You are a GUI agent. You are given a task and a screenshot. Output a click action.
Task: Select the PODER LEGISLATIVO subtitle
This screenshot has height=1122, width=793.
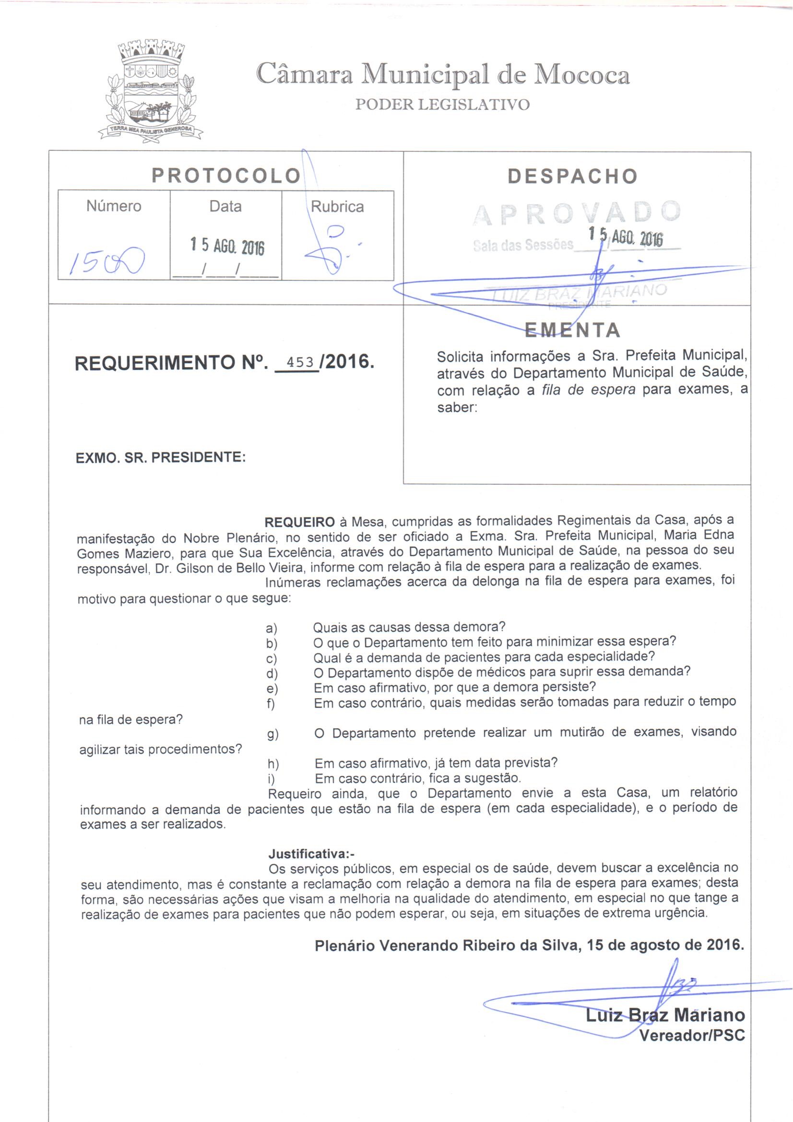coord(442,105)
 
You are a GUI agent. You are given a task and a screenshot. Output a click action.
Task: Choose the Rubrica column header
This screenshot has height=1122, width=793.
coord(337,207)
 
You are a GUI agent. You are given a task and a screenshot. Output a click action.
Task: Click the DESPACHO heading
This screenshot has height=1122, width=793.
coord(573,176)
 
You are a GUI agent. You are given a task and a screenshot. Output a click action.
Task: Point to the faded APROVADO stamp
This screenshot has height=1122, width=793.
coord(577,213)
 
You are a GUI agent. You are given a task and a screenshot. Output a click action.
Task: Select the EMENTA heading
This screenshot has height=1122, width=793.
coord(572,330)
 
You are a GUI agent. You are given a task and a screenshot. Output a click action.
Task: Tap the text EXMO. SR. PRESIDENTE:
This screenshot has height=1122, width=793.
coord(161,458)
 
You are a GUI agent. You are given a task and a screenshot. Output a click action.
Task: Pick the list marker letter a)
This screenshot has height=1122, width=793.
coord(271,629)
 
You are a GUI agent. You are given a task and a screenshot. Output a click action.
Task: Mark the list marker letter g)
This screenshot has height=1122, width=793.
coord(272,734)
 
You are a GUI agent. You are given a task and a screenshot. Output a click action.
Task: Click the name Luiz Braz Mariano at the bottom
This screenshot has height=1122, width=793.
coord(665,1015)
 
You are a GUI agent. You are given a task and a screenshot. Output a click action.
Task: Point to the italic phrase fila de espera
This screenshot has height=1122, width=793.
coord(589,391)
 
